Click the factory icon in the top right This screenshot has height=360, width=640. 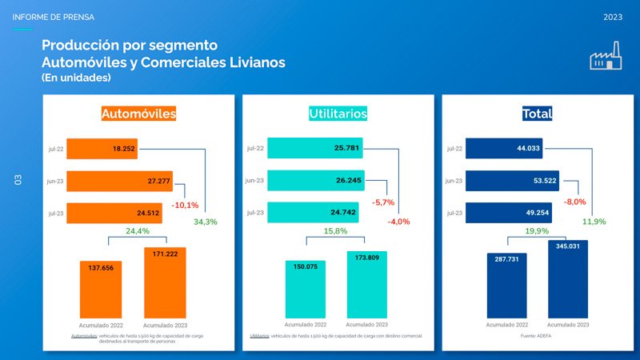(607, 59)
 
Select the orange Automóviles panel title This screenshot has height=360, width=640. (138, 114)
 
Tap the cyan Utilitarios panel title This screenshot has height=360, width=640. (338, 114)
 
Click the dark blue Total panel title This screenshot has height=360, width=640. (537, 114)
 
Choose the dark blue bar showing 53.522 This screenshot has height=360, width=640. (513, 181)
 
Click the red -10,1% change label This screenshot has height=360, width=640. (185, 206)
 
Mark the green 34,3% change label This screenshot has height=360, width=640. (206, 222)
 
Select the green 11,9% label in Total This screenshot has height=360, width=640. (594, 222)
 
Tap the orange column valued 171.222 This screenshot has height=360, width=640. (165, 284)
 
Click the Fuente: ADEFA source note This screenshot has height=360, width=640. (537, 336)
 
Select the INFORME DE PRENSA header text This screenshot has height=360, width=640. (54, 17)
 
